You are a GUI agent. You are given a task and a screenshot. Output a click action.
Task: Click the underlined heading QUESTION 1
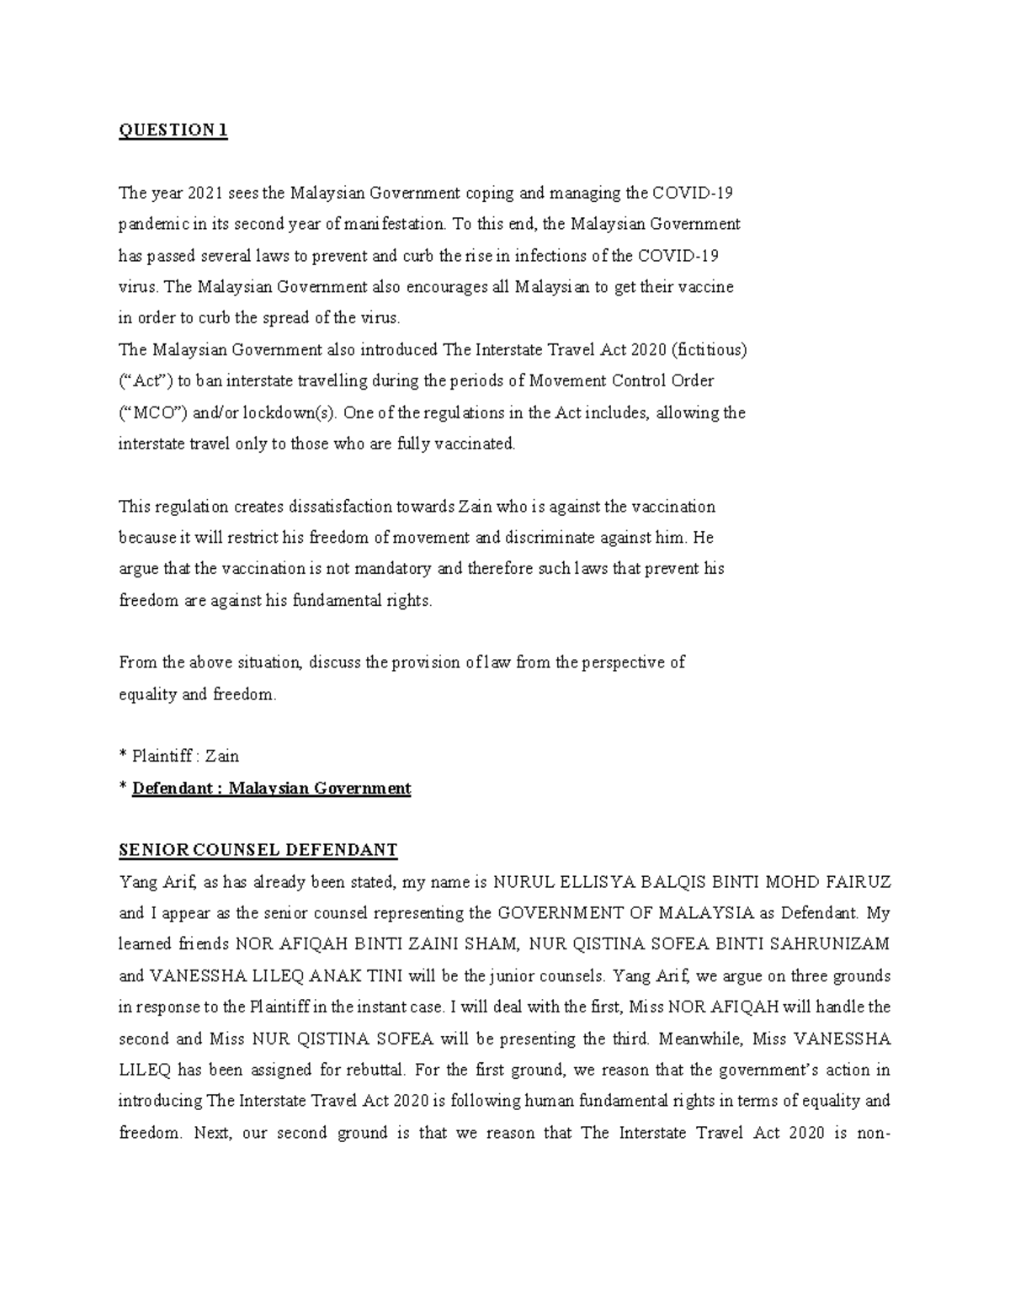click(173, 130)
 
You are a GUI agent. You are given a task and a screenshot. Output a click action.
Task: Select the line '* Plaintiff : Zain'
click(179, 756)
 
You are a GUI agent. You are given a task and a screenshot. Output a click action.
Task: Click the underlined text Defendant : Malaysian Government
click(271, 788)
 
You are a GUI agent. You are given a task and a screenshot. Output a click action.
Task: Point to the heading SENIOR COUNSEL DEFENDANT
click(258, 850)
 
